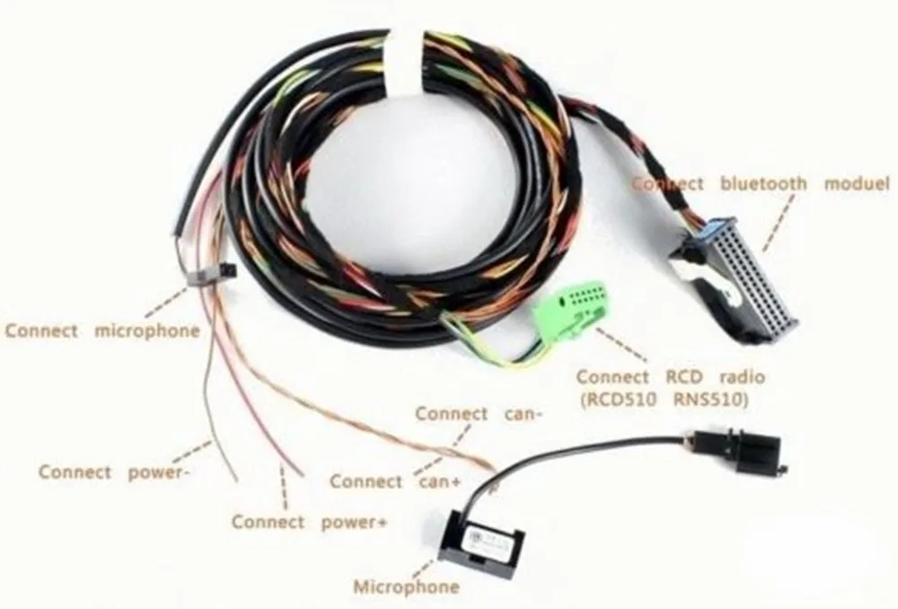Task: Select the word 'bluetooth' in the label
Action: click(763, 183)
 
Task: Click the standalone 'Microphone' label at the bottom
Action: click(406, 587)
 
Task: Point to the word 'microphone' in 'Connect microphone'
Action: click(146, 330)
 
